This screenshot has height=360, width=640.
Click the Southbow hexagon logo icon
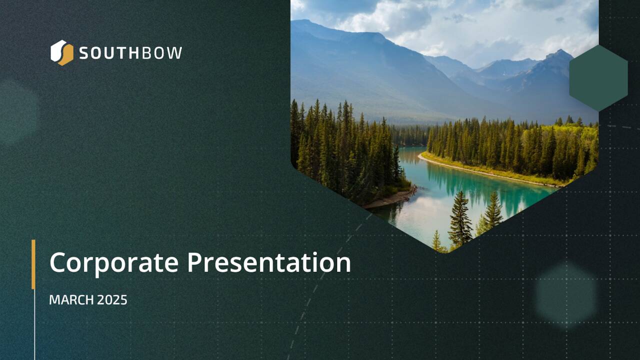pos(61,52)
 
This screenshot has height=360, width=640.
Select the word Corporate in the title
pos(113,263)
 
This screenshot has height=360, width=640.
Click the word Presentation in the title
pos(269,263)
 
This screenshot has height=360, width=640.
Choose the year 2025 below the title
pos(112,300)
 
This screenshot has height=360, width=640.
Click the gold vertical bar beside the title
pos(33,264)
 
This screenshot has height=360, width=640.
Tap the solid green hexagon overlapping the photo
pos(598,77)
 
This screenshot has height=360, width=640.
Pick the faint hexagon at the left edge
pos(15,112)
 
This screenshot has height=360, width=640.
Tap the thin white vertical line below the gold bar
pos(34,325)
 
